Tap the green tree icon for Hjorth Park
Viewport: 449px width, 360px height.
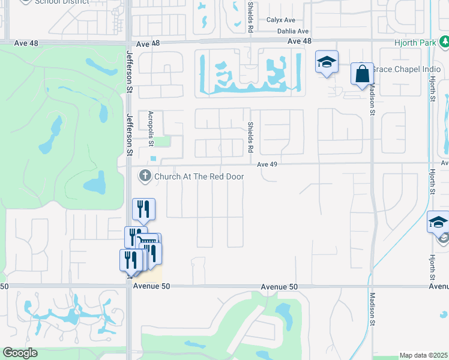pyautogui.click(x=444, y=42)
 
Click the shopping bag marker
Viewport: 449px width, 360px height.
pyautogui.click(x=362, y=74)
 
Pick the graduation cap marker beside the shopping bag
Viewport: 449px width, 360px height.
pyautogui.click(x=327, y=62)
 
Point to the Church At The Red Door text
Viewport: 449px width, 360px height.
pyautogui.click(x=199, y=176)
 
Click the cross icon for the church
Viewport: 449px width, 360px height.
pyautogui.click(x=145, y=176)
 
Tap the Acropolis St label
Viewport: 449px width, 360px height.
pyautogui.click(x=151, y=128)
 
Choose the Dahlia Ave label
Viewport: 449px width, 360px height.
pyautogui.click(x=292, y=31)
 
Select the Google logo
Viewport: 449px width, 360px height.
pyautogui.click(x=20, y=353)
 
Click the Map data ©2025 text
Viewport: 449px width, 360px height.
pyautogui.click(x=424, y=355)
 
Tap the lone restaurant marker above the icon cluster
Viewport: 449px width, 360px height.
pyautogui.click(x=143, y=209)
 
